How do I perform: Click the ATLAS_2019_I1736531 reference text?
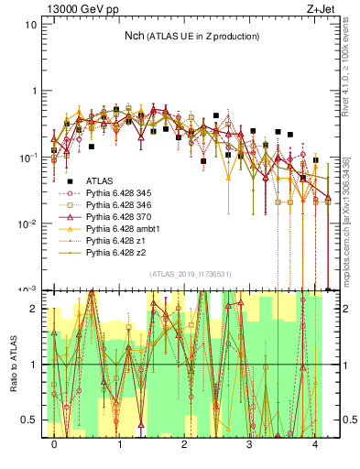[188, 274]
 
